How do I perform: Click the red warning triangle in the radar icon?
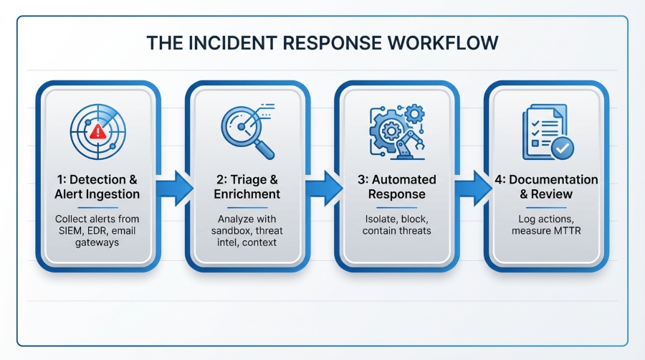click(95, 132)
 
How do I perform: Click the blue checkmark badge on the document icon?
click(563, 148)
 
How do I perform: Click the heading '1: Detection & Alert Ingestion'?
click(99, 186)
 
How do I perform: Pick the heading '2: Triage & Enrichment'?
click(248, 186)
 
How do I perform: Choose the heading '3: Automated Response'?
click(396, 186)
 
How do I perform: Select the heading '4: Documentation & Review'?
click(546, 186)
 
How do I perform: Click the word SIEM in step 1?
click(72, 231)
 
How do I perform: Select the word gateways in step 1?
click(99, 244)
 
